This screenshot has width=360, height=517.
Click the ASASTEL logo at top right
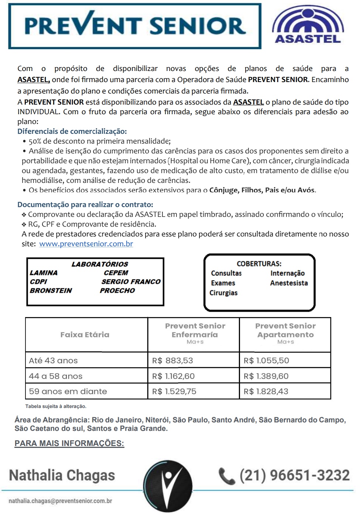click(x=308, y=25)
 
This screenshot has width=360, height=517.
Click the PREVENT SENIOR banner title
click(x=135, y=26)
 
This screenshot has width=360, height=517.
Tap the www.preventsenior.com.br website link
click(x=86, y=244)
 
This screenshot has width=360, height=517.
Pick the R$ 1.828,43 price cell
click(x=266, y=391)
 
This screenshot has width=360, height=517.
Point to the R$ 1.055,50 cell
click(x=266, y=360)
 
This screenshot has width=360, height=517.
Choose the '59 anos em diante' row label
click(x=68, y=391)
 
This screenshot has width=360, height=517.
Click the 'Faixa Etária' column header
click(x=85, y=334)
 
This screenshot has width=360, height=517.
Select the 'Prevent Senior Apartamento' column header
click(x=285, y=331)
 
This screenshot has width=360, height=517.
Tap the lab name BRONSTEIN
click(x=51, y=290)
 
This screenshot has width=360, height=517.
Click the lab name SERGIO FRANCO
click(x=131, y=282)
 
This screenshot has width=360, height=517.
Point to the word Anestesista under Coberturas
click(x=289, y=283)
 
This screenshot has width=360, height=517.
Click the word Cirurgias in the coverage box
click(x=223, y=293)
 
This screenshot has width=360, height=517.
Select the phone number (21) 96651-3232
click(x=294, y=475)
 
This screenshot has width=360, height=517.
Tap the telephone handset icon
click(x=227, y=476)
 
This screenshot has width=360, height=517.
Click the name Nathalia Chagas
click(x=62, y=475)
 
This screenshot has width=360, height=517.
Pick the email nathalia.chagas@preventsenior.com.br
click(x=60, y=501)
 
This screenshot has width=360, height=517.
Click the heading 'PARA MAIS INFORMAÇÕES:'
click(x=69, y=443)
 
